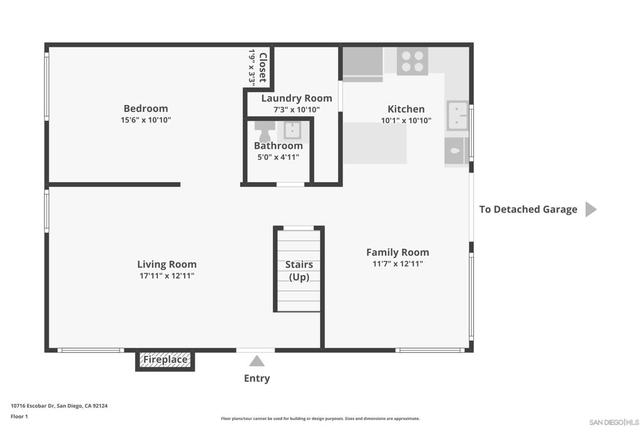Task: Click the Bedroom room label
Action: pyautogui.click(x=145, y=109)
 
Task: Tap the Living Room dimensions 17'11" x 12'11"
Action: pyautogui.click(x=167, y=276)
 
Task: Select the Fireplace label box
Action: pyautogui.click(x=165, y=360)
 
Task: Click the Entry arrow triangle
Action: pyautogui.click(x=257, y=361)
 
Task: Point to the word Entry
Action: pyautogui.click(x=257, y=378)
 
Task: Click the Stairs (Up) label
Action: pyautogui.click(x=299, y=271)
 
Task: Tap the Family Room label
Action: pyautogui.click(x=397, y=253)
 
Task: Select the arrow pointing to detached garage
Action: pyautogui.click(x=591, y=209)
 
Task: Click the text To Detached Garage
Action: pyautogui.click(x=528, y=209)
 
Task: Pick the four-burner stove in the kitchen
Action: pyautogui.click(x=412, y=61)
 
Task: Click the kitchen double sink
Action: pyautogui.click(x=457, y=116)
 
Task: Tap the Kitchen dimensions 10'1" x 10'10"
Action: pyautogui.click(x=406, y=121)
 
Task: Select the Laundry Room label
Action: pyautogui.click(x=296, y=98)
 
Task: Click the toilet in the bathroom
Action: pyautogui.click(x=265, y=131)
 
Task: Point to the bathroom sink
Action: pyautogui.click(x=293, y=131)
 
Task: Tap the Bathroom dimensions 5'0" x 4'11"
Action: pyautogui.click(x=278, y=158)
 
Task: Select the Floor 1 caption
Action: pyautogui.click(x=19, y=416)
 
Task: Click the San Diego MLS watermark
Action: pyautogui.click(x=614, y=422)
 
